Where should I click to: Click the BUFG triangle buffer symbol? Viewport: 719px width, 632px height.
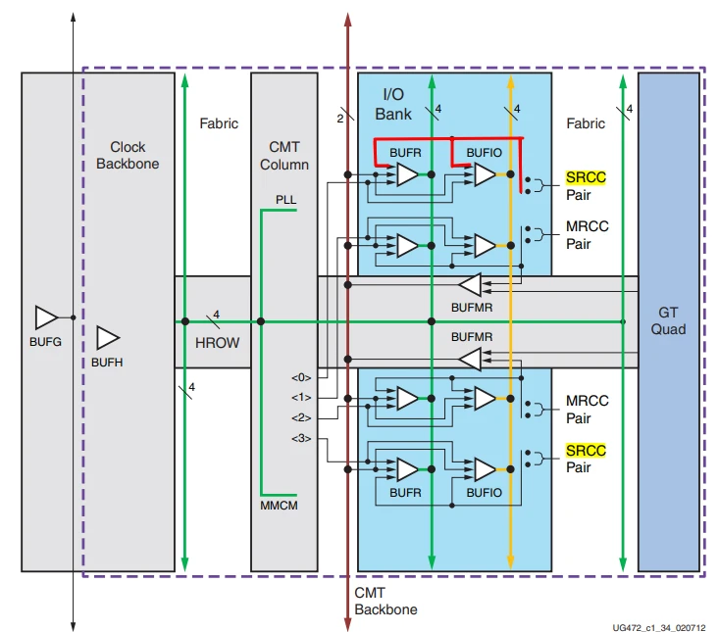pos(46,317)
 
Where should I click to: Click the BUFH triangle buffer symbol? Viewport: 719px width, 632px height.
pos(108,338)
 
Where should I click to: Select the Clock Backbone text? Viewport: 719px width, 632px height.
pos(128,155)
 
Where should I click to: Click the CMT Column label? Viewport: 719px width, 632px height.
pos(283,155)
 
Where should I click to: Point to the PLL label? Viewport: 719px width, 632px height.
pos(285,199)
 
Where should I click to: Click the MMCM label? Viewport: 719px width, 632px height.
pos(280,506)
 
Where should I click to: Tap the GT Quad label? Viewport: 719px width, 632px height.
pos(668,319)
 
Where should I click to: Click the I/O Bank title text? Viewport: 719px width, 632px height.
pos(393,103)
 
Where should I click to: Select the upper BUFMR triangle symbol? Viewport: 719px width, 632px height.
pos(471,285)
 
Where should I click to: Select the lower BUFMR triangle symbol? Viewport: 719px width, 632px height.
pos(471,359)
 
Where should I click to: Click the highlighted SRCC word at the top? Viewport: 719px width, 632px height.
pos(586,177)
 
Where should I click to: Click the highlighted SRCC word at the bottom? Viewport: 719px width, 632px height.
pos(586,451)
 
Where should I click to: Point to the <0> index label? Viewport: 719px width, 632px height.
pos(300,377)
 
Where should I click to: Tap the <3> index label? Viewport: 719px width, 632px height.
pos(300,438)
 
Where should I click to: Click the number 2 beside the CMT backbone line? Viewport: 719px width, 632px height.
pos(340,118)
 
